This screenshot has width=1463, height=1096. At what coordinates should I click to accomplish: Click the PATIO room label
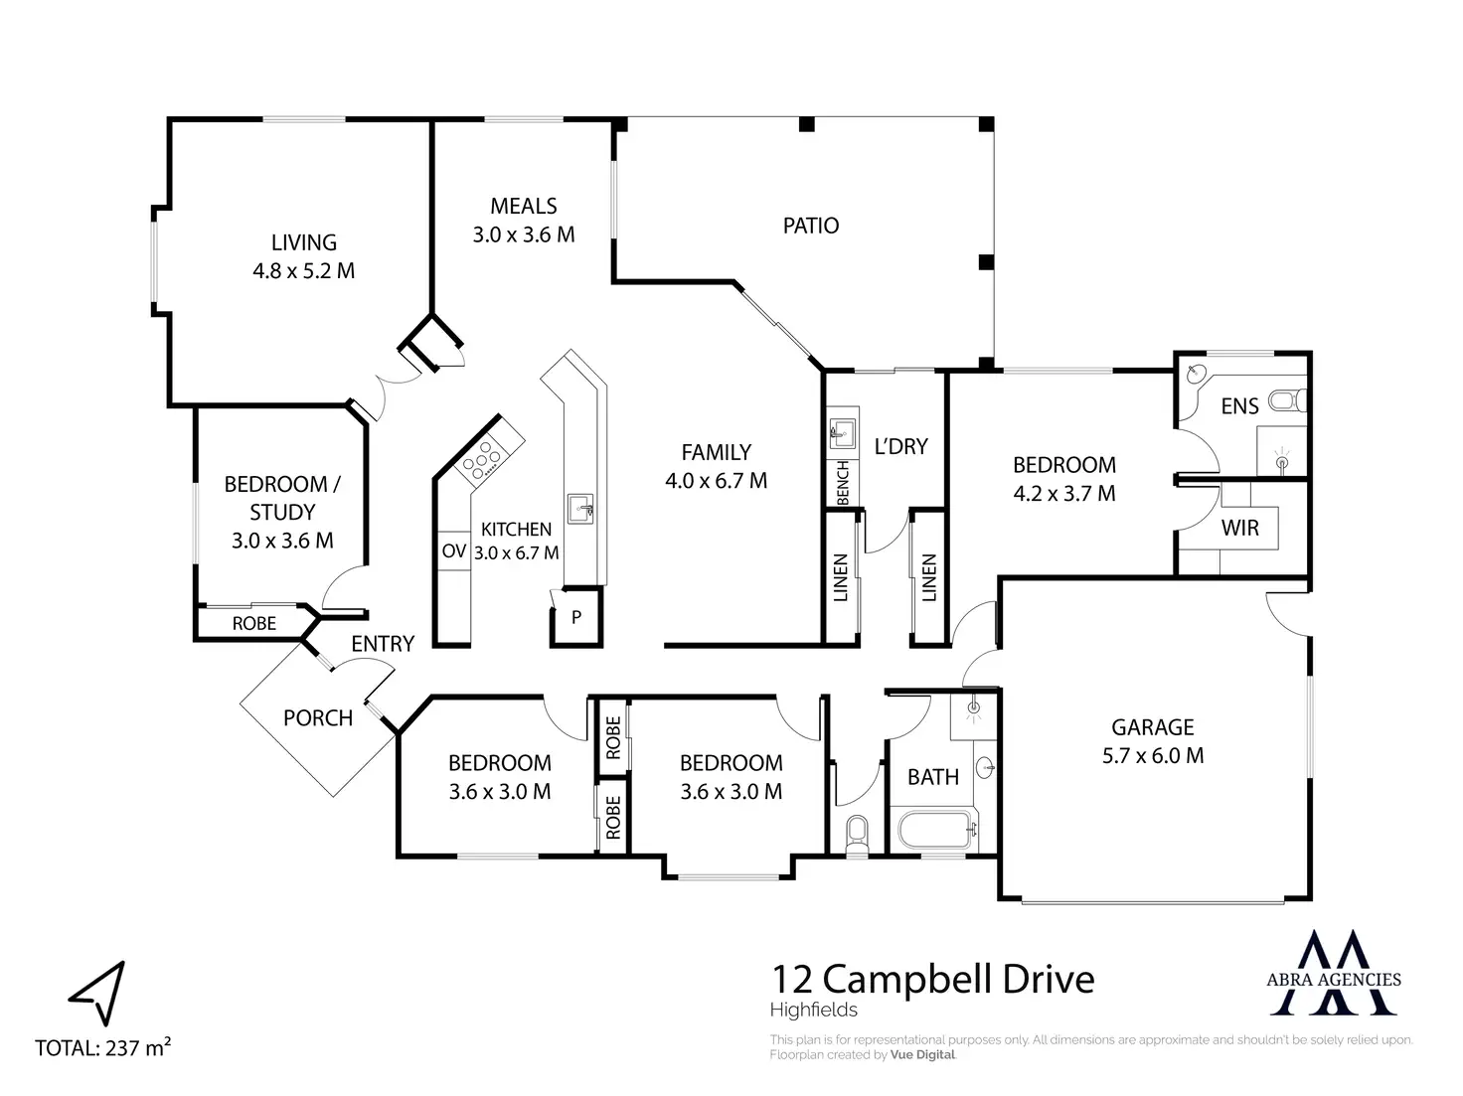pyautogui.click(x=810, y=226)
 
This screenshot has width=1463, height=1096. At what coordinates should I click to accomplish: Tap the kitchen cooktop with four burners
pyautogui.click(x=481, y=459)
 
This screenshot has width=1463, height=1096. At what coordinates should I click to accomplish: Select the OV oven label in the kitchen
pyautogui.click(x=454, y=551)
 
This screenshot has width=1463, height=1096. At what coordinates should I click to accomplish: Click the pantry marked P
pyautogui.click(x=576, y=617)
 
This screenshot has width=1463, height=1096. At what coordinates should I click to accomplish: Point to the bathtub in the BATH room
pyautogui.click(x=937, y=829)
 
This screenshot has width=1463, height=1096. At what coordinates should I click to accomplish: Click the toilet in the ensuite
pyautogui.click(x=1286, y=401)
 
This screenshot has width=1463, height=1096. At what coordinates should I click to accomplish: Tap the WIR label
pyautogui.click(x=1239, y=528)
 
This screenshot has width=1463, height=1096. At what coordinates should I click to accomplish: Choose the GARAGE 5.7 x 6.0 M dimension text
pyautogui.click(x=1152, y=755)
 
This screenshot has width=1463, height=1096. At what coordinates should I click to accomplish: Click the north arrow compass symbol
pyautogui.click(x=98, y=993)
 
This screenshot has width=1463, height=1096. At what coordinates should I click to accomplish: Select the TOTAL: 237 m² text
pyautogui.click(x=103, y=1047)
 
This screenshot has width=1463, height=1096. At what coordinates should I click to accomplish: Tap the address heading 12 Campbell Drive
pyautogui.click(x=932, y=980)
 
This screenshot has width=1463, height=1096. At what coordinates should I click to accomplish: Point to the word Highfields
pyautogui.click(x=813, y=1011)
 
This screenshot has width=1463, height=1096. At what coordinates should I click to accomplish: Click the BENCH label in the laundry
pyautogui.click(x=843, y=482)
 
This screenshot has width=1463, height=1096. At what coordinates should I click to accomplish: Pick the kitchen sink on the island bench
pyautogui.click(x=581, y=509)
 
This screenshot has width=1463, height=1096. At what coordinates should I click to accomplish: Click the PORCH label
pyautogui.click(x=318, y=718)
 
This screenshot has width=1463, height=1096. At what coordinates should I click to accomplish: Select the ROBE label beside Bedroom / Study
pyautogui.click(x=254, y=624)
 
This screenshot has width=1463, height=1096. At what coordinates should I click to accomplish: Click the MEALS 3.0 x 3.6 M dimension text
pyautogui.click(x=523, y=235)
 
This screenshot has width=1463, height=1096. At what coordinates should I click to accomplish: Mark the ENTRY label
pyautogui.click(x=383, y=644)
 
